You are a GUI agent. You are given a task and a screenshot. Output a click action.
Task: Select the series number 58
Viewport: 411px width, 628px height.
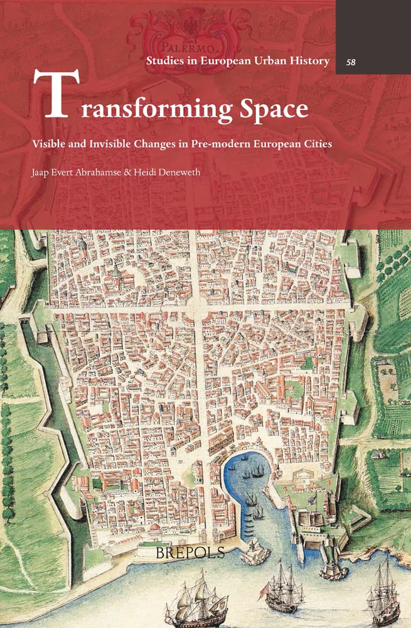tap(352, 62)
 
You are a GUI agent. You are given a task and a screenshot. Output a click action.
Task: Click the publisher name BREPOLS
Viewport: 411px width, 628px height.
tap(205, 555)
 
